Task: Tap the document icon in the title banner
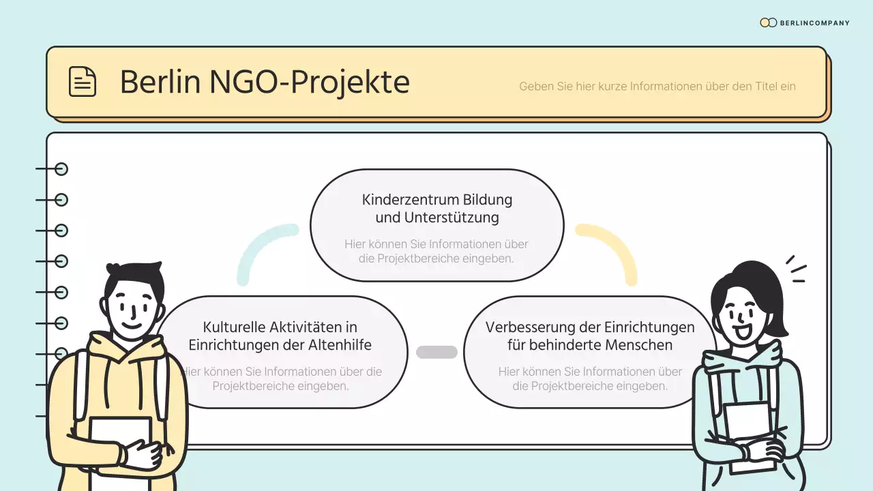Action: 83,82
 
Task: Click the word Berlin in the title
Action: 160,83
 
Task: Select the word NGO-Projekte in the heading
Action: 309,83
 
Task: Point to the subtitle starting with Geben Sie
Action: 657,87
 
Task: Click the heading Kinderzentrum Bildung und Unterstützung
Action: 436,209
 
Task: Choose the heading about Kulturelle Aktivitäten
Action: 280,336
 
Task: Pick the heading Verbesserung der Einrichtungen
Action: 590,336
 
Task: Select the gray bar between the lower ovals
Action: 436,352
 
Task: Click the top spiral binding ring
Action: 61,169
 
